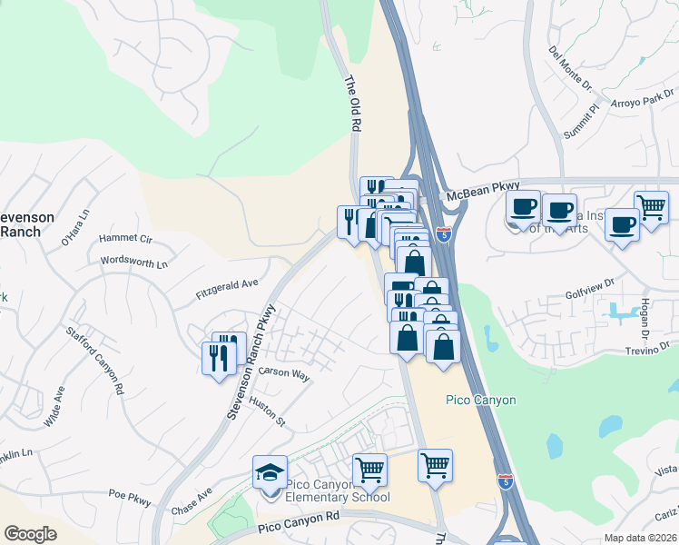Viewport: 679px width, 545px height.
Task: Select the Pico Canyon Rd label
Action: [298, 520]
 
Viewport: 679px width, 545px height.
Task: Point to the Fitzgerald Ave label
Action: [227, 290]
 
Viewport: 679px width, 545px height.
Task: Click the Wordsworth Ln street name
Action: [134, 263]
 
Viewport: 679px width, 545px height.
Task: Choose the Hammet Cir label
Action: [126, 239]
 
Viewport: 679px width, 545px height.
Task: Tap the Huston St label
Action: [267, 413]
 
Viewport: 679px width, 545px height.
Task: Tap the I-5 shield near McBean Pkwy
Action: [443, 234]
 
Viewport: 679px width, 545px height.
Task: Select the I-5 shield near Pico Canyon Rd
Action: [506, 481]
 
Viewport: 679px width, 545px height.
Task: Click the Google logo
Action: [30, 533]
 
